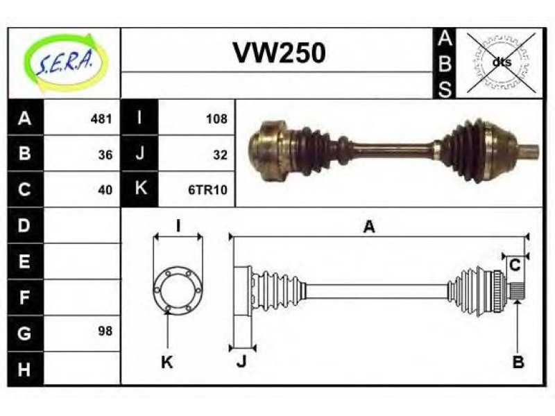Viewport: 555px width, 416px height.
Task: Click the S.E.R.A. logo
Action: (66, 62)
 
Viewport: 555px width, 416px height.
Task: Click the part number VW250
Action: (279, 53)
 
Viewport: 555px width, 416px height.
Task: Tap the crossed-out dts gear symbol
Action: (500, 62)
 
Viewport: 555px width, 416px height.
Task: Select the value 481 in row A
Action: (101, 119)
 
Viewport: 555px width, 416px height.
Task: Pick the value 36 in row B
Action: (105, 155)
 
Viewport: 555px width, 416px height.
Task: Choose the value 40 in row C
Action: (105, 190)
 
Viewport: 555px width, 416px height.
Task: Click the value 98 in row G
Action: (105, 331)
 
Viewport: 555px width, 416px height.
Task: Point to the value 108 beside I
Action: (216, 119)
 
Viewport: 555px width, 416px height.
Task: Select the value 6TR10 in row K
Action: (207, 190)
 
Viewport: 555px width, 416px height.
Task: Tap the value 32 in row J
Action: (220, 155)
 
